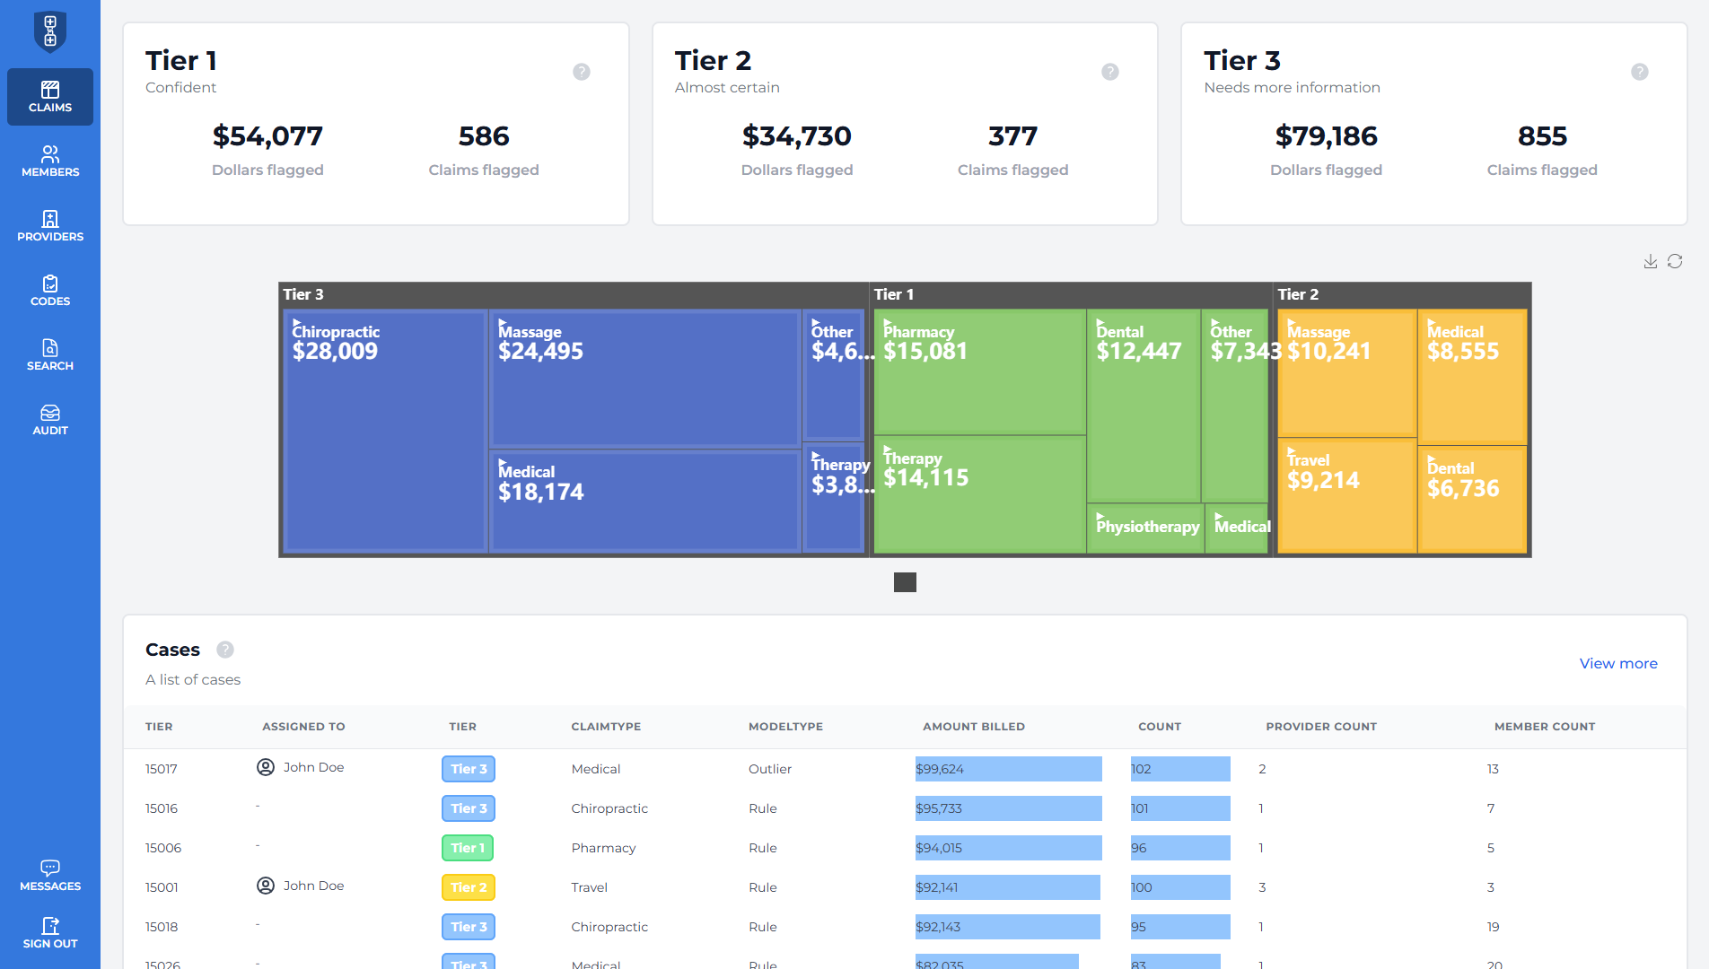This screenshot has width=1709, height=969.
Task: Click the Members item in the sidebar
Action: coord(50,161)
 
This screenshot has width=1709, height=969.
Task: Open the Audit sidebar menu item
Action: coord(50,420)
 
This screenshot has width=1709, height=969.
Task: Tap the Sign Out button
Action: coord(50,933)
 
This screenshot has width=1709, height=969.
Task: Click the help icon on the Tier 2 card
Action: coord(1110,72)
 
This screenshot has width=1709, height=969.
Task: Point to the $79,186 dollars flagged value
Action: coord(1326,136)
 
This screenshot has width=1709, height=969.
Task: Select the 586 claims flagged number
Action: coord(484,136)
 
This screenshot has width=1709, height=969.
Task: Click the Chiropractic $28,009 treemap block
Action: coord(385,431)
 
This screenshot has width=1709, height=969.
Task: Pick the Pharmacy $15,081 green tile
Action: coord(978,372)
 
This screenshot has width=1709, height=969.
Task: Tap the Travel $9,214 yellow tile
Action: coord(1345,493)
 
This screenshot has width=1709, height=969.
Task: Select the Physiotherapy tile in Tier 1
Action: coord(1146,528)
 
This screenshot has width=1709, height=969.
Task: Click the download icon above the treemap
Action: coord(1650,261)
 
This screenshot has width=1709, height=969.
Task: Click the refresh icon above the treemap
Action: coord(1675,261)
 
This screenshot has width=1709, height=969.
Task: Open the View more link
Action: coord(1617,663)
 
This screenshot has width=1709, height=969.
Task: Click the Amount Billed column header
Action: coord(973,727)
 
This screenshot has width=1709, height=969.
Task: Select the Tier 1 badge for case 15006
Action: coord(468,848)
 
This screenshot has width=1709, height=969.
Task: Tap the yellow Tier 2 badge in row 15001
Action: coord(468,887)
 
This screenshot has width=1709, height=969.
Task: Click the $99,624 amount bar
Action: coord(1007,769)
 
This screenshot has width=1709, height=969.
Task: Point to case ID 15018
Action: coord(162,927)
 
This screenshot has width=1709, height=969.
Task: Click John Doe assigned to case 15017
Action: coord(313,767)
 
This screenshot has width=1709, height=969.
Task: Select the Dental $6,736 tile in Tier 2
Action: coord(1471,498)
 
